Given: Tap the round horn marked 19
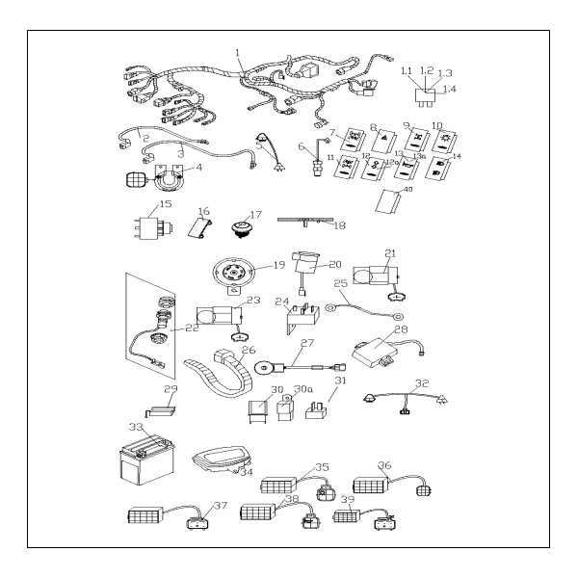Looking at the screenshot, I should [234, 272].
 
